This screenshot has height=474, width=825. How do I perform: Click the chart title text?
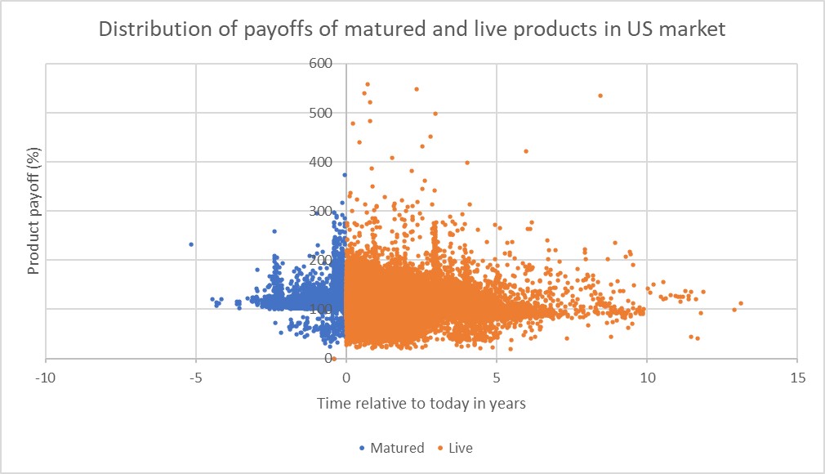(x=412, y=30)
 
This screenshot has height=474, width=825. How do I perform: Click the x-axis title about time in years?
(x=421, y=404)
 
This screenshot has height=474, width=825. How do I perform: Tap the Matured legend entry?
(x=396, y=448)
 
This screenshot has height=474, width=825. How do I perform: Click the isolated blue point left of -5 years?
(x=191, y=244)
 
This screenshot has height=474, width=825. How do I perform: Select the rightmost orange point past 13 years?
(x=741, y=303)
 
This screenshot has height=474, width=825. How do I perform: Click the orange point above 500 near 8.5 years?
(x=600, y=96)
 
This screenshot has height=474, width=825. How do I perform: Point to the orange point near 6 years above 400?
(x=526, y=151)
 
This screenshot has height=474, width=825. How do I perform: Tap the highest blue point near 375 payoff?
(x=345, y=175)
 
